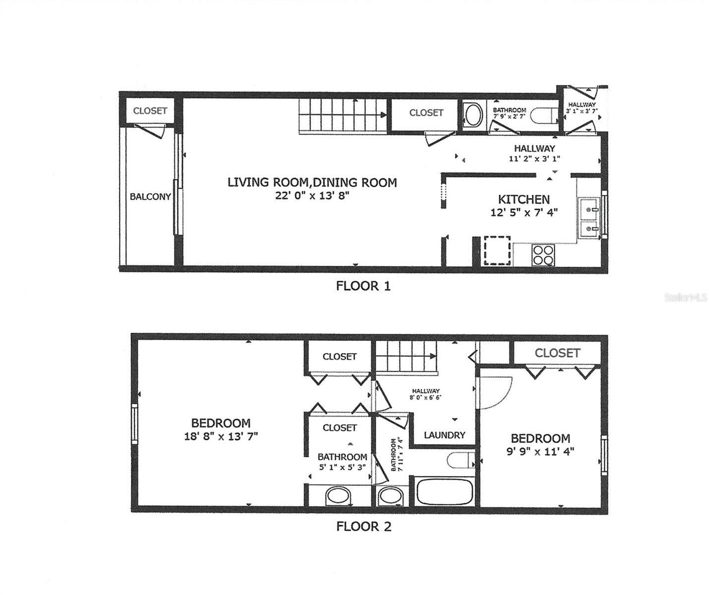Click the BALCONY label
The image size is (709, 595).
pos(150,197)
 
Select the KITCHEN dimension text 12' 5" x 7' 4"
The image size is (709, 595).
pos(523,213)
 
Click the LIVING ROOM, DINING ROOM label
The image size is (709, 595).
pos(312,182)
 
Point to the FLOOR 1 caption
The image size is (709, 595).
pos(363,286)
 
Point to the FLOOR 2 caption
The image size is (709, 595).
pos(364,527)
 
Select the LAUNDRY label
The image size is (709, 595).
pos(444,435)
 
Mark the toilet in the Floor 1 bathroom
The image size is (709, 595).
pos(542,116)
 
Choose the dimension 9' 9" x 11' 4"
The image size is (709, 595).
pos(540,452)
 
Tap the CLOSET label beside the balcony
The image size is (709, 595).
pos(150,111)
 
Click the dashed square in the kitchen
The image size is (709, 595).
pos(497,250)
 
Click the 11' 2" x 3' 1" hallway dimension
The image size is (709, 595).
pos(534,159)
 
